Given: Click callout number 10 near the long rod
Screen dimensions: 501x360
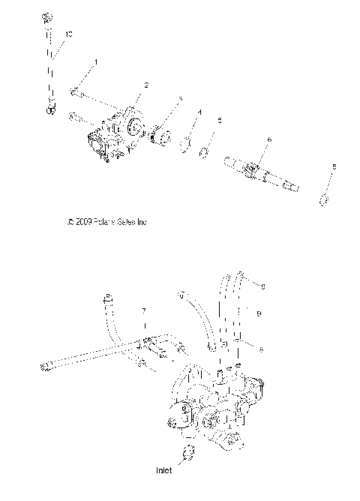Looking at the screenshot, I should coord(69,34).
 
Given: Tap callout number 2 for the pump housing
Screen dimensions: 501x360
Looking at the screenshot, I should coord(145,85).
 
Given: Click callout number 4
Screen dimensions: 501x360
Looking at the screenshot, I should coord(199,112).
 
